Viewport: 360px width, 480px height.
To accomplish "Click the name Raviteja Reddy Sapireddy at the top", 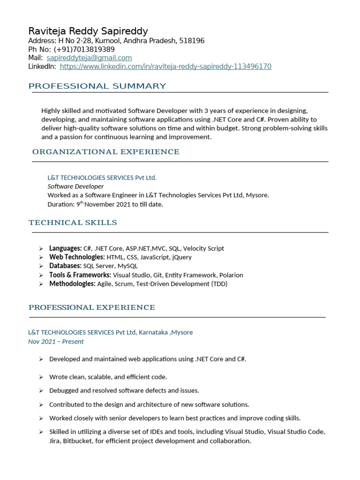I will [x=88, y=31].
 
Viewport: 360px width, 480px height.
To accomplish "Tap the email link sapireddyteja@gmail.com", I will [x=89, y=58].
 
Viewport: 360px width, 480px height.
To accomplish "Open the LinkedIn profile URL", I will [x=165, y=67].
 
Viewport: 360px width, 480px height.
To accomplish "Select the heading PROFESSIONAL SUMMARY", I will [x=97, y=86].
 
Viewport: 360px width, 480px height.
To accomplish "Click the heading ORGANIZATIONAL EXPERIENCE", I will [x=105, y=152].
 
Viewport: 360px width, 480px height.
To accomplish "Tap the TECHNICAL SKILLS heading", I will [x=73, y=223].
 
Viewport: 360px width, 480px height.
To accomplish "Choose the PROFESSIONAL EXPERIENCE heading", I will [x=91, y=307].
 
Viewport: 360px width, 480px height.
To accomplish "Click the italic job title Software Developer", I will [x=75, y=187].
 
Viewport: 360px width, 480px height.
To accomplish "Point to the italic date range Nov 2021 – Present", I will [x=56, y=342].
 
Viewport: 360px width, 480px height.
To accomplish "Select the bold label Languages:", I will [x=65, y=248].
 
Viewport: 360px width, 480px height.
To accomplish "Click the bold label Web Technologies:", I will [x=77, y=257].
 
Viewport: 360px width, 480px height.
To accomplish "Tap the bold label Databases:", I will [x=65, y=266].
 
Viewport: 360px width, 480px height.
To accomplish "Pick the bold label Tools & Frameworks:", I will [x=80, y=275].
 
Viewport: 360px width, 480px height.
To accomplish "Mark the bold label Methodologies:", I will [x=72, y=284].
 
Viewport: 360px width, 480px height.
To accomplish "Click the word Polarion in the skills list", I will [x=230, y=275].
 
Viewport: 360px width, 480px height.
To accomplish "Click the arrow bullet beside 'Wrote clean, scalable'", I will [x=41, y=377].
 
